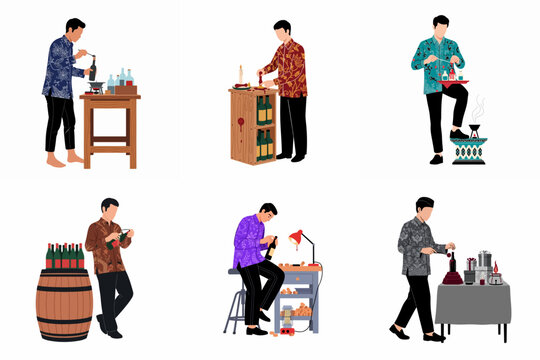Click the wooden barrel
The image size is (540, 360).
pyautogui.click(x=64, y=305)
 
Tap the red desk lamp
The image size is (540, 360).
pyautogui.click(x=297, y=237)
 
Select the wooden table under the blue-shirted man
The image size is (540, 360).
pyautogui.click(x=110, y=126)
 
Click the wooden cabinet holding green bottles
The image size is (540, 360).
pyautogui.click(x=252, y=125)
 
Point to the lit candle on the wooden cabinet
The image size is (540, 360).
pyautogui.click(x=240, y=74)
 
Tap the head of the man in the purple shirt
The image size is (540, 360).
pyautogui.click(x=266, y=212)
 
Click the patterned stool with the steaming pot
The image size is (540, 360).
pyautogui.click(x=470, y=151)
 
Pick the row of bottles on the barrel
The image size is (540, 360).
pyautogui.click(x=65, y=256)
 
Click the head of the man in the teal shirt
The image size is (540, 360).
pyautogui.click(x=440, y=25)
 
